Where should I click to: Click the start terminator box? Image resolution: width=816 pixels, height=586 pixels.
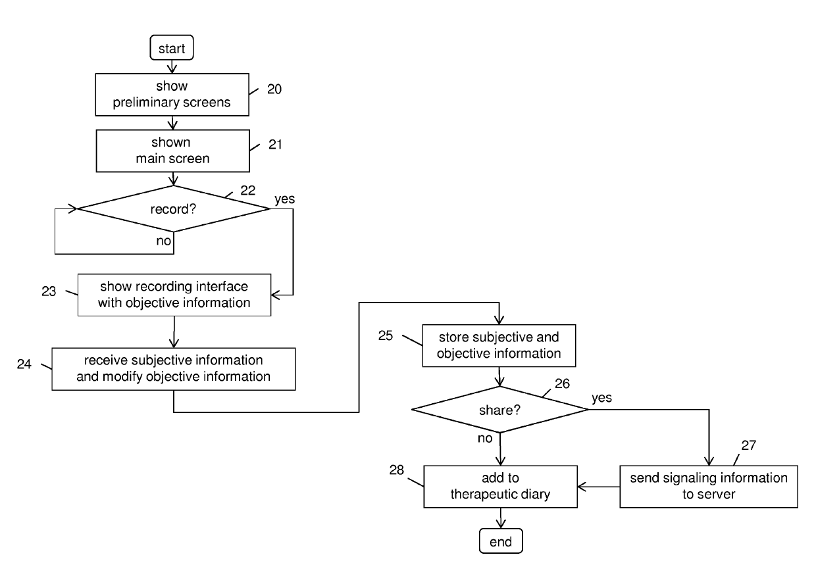(172, 47)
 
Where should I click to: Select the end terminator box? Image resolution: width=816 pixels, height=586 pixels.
(501, 541)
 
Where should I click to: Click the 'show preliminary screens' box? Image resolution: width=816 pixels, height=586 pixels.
(172, 95)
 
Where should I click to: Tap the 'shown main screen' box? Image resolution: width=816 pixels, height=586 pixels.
(173, 151)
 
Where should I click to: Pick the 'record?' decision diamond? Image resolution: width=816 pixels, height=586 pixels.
(174, 208)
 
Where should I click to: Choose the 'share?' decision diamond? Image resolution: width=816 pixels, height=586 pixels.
(500, 410)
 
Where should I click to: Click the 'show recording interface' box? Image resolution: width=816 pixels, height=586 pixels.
(174, 295)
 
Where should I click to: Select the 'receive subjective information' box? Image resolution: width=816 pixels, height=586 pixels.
(174, 369)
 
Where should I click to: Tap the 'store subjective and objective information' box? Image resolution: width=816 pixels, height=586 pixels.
(499, 345)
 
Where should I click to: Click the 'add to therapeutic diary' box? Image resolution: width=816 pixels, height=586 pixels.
(501, 487)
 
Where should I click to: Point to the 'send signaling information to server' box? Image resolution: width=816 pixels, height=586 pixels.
(709, 487)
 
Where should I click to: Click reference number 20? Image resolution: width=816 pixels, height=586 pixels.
(274, 89)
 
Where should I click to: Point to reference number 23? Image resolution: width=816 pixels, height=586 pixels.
(49, 291)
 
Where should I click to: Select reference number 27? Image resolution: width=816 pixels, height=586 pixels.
(749, 445)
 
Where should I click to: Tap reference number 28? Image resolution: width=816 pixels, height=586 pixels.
(396, 470)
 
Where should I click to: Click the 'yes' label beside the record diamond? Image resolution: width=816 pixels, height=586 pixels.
(284, 199)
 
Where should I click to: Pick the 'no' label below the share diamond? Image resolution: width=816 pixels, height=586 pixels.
(485, 438)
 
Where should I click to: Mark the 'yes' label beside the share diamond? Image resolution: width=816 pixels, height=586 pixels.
(601, 397)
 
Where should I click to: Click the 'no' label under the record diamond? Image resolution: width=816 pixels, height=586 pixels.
(164, 241)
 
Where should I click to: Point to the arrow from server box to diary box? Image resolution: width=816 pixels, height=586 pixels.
(599, 487)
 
